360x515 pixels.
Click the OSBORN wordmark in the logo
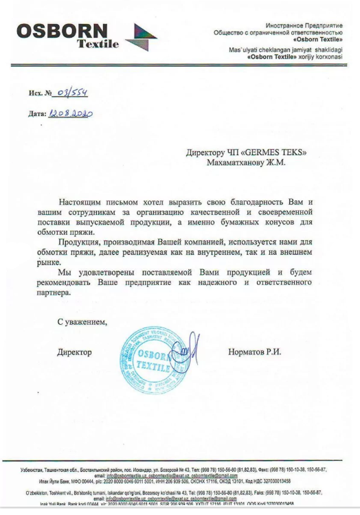(x=62, y=32)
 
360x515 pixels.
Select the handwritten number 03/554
(x=72, y=91)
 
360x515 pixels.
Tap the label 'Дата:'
(x=37, y=114)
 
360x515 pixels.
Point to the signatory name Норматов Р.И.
(x=254, y=352)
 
